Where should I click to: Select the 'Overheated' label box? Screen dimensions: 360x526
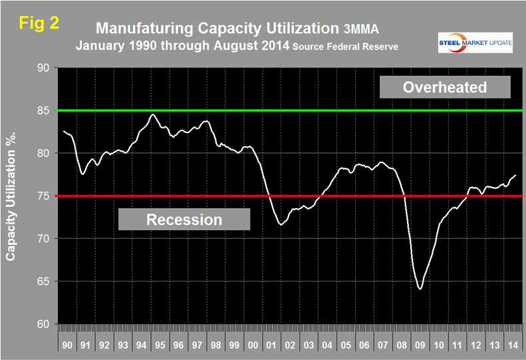pyautogui.click(x=445, y=87)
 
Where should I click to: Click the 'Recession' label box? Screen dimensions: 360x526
pyautogui.click(x=184, y=219)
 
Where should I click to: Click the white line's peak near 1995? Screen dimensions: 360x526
pyautogui.click(x=153, y=114)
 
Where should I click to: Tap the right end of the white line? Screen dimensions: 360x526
pyautogui.click(x=516, y=175)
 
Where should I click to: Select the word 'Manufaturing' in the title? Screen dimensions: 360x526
pyautogui.click(x=140, y=29)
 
